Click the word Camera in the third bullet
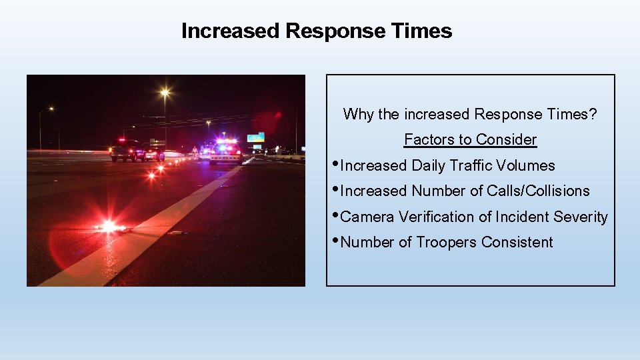367,217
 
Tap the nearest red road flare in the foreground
109,227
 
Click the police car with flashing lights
225,153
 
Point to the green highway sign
255,137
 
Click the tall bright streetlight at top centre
165,93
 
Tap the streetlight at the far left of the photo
51,109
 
